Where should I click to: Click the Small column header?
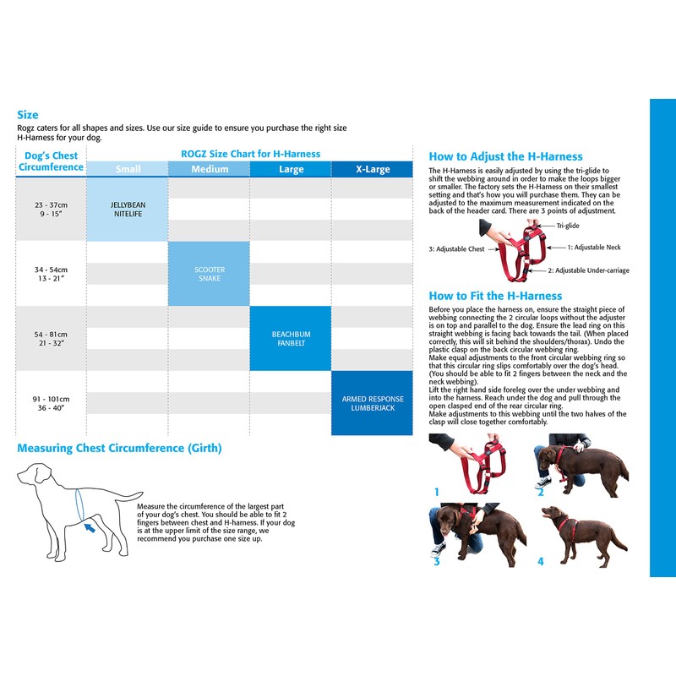[x=128, y=169]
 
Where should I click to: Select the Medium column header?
[x=210, y=169]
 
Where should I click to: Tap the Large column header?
[x=291, y=169]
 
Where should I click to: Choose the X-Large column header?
[x=373, y=169]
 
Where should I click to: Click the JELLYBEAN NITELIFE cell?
[x=128, y=210]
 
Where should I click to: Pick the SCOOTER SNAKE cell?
[x=210, y=274]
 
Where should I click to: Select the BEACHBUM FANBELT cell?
[x=291, y=338]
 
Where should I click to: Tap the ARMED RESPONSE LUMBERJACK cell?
[x=373, y=403]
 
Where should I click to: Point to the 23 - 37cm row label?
[x=51, y=210]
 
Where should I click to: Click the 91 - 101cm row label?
[x=52, y=403]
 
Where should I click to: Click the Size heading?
[x=28, y=115]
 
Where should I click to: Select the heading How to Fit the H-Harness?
[x=495, y=296]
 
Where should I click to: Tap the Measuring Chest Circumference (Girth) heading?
[x=120, y=448]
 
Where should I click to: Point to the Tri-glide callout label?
[x=568, y=226]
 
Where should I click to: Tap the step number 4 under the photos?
[x=541, y=560]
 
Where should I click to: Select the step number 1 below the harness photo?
[x=437, y=491]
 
